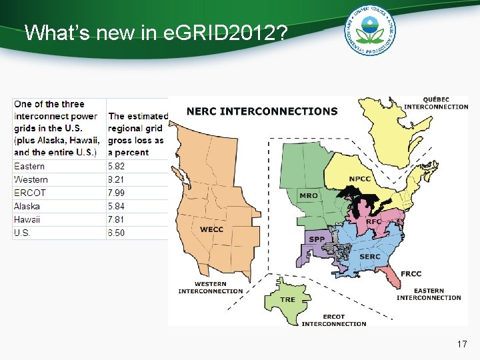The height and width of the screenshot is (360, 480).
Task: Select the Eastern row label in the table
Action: click(29, 166)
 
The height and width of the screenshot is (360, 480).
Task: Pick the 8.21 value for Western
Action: click(116, 179)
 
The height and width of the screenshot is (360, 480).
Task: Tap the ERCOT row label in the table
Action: click(30, 193)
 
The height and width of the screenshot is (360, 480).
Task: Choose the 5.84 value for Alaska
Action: click(116, 206)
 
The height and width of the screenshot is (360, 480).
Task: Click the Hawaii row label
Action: click(27, 219)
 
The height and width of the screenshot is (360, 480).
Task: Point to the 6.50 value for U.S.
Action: click(116, 233)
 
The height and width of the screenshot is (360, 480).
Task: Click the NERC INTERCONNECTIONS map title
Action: click(262, 111)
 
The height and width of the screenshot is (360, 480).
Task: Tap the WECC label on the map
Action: click(212, 229)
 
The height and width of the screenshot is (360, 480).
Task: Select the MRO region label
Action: click(309, 195)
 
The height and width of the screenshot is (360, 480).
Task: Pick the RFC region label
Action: click(374, 221)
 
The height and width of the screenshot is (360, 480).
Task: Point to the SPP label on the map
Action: click(316, 239)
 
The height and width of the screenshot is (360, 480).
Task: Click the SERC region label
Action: click(370, 256)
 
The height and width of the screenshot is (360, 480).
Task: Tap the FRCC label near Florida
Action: click(411, 274)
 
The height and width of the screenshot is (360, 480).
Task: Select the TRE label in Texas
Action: click(287, 299)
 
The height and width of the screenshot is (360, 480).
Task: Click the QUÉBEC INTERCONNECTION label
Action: click(436, 103)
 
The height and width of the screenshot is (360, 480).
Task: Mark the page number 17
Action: click(462, 345)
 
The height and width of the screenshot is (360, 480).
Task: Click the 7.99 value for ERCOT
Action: click(116, 193)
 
